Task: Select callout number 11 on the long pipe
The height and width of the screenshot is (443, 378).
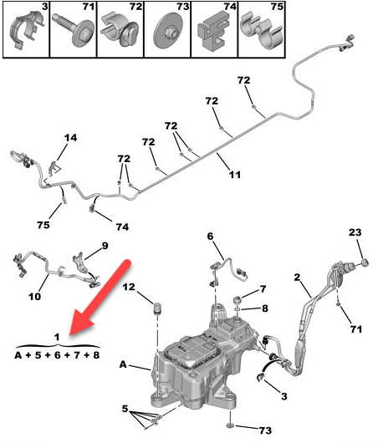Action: pos(235,175)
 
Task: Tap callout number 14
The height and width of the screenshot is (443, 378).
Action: pos(70,138)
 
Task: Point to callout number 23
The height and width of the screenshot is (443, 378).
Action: pos(355,232)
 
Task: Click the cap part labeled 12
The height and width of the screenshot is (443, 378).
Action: pos(157,308)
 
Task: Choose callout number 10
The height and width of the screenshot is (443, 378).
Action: pos(35,297)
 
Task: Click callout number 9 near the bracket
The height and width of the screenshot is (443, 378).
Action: pos(105,246)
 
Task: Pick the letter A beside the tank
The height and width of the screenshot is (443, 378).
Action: pos(123,364)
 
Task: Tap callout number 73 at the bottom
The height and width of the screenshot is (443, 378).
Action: pos(265,430)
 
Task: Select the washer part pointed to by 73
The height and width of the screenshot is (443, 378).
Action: pos(230,425)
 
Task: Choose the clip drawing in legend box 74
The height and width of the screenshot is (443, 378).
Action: pos(213,31)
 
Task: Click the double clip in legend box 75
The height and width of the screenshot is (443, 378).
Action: pos(261,31)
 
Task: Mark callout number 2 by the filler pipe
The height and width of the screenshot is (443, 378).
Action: pos(297,278)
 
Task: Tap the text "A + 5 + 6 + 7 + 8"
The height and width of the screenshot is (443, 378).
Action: pos(57,355)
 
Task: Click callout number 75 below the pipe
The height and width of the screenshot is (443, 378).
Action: pos(43,225)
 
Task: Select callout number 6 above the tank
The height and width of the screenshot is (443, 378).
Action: pos(210,237)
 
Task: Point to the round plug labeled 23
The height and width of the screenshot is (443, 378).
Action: pos(365,262)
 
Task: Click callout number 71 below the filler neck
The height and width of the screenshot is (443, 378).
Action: pos(356,329)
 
